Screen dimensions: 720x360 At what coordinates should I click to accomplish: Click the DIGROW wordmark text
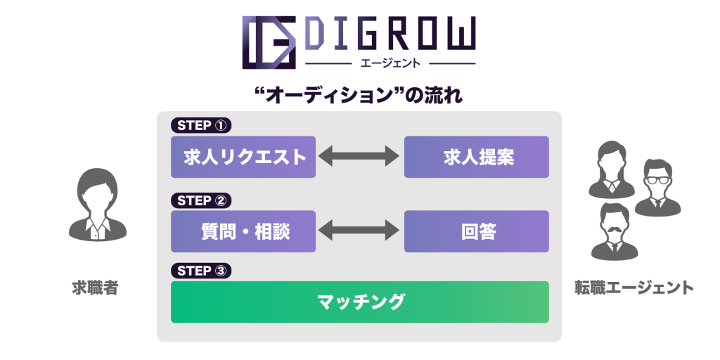coord(390,33)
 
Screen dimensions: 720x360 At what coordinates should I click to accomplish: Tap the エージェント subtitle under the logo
coord(390,63)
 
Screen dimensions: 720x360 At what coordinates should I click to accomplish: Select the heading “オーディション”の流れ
coord(359,96)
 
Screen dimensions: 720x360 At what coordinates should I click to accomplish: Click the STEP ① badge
coord(201,126)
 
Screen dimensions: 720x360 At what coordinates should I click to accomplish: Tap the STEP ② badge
coord(201,200)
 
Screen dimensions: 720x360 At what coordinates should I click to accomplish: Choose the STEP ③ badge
coord(201,271)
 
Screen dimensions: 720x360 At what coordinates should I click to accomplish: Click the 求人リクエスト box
coord(243,157)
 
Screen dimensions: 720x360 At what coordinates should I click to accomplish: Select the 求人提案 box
coord(477,157)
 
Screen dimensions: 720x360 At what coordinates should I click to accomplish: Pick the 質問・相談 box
coord(243,231)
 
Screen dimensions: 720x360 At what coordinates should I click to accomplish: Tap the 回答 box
coord(477,231)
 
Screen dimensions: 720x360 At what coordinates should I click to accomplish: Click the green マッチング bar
coord(360,302)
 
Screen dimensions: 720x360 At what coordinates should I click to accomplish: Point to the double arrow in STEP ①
coord(359,156)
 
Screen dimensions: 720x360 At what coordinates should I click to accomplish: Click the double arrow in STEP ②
coord(359,230)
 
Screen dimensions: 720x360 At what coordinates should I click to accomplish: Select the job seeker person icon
coord(97,205)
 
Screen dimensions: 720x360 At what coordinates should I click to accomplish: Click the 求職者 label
coord(96,288)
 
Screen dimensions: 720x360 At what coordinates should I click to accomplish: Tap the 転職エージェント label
coord(634,288)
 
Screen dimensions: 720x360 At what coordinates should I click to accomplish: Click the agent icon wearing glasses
coord(657,188)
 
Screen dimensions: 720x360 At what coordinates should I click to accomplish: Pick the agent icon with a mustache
coord(615,232)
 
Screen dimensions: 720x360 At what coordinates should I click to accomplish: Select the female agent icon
coord(612,169)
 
